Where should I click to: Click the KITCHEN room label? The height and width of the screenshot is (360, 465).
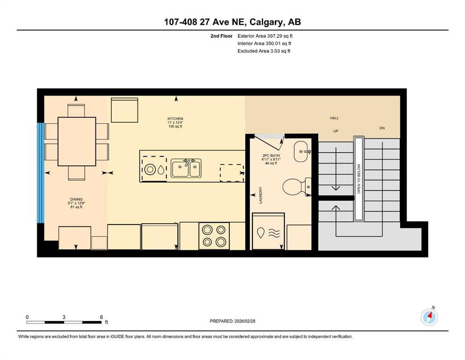tap(175, 119)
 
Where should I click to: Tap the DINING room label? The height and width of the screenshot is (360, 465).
tap(76, 199)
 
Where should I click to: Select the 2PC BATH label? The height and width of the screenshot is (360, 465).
tap(271, 156)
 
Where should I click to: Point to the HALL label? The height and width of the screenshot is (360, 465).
tap(334, 118)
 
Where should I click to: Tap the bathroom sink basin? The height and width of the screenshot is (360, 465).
tap(301, 152)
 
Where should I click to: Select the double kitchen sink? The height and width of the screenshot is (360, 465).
tap(186, 168)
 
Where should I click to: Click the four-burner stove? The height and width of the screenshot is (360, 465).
tap(214, 236)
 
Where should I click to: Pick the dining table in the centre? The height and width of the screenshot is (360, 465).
tap(77, 141)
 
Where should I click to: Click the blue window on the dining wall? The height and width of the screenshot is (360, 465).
tap(40, 172)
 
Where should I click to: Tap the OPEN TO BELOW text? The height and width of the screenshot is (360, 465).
tap(359, 179)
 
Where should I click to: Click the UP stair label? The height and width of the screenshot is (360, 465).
tap(335, 131)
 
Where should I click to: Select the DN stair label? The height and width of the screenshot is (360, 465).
tap(382, 128)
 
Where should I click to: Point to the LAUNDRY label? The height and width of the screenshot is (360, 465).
tap(261, 195)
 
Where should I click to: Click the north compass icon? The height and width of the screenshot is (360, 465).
tap(429, 317)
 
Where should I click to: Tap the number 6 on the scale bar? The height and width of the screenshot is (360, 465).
tap(102, 317)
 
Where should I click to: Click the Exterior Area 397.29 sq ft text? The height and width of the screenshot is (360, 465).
tap(265, 36)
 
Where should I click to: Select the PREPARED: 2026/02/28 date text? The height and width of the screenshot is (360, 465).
tap(232, 321)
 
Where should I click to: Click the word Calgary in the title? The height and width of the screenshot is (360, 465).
tap(266, 22)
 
